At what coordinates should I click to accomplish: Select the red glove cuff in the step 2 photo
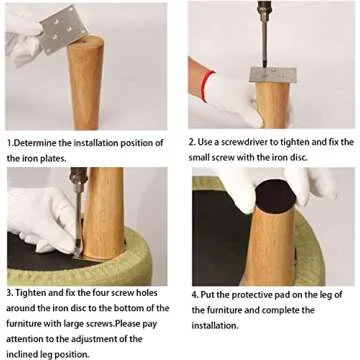pyautogui.click(x=201, y=79)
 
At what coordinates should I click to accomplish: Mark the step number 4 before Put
pyautogui.click(x=195, y=294)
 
